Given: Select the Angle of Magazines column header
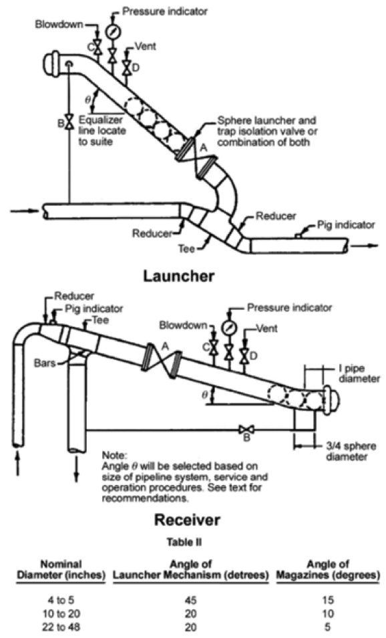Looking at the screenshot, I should pyautogui.click(x=339, y=569).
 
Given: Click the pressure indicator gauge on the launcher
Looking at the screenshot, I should pyautogui.click(x=112, y=31).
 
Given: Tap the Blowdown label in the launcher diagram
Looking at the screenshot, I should pyautogui.click(x=59, y=24).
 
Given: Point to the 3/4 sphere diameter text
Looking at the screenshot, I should pyautogui.click(x=335, y=452).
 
